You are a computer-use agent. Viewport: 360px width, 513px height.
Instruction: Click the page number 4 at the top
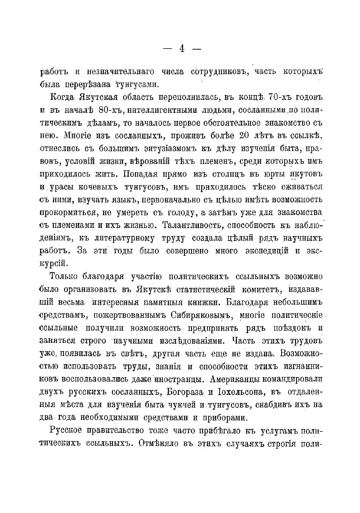point(182,48)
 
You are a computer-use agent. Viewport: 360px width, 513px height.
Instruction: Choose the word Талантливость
point(195,226)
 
